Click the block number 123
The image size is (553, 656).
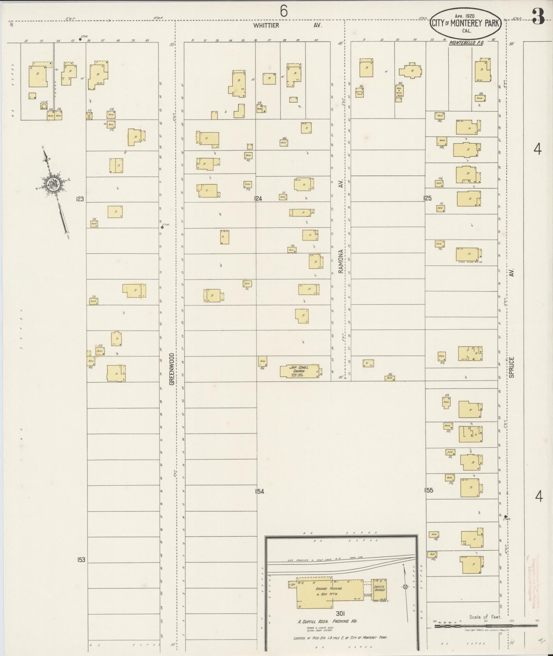[x=80, y=199]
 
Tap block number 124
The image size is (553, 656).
[x=258, y=199]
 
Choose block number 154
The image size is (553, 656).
[x=260, y=491]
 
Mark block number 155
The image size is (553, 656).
[x=429, y=490]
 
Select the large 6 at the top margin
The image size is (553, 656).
[x=284, y=11]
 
